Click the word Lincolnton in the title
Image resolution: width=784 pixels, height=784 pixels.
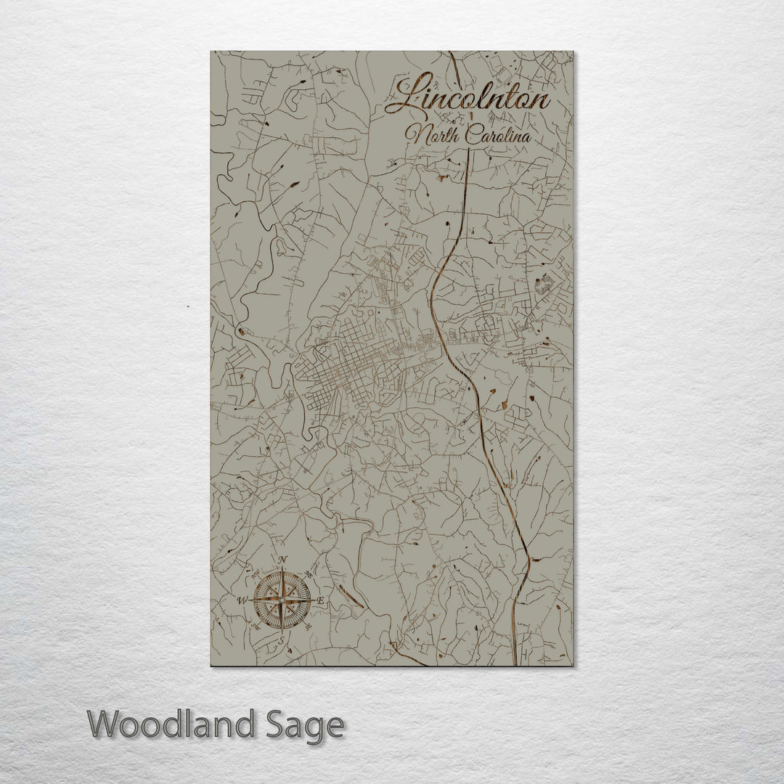tap(468, 97)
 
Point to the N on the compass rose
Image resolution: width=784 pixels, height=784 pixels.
tap(283, 559)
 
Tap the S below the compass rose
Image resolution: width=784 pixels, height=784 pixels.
tap(282, 641)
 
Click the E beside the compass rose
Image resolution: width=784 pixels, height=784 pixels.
tap(322, 602)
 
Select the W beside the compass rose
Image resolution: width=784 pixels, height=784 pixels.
tap(242, 600)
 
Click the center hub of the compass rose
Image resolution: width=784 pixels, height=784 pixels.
tap(282, 600)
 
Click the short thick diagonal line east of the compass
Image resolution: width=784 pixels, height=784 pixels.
tap(351, 597)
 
